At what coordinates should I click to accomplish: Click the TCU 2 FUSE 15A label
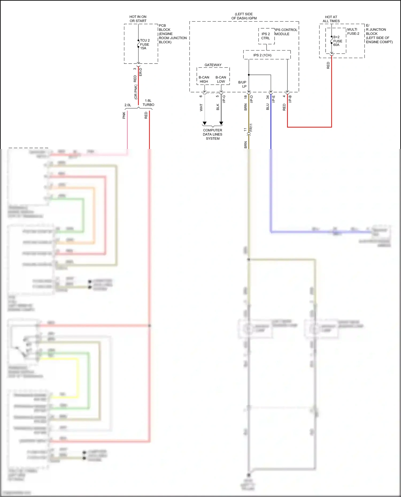pos(145,44)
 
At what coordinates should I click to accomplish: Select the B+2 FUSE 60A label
pos(337,41)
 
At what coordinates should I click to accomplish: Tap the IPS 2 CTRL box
pos(266,36)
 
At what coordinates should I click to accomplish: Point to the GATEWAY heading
pos(213,65)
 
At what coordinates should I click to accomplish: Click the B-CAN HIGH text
pos(204,79)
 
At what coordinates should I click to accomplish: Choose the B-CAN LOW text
pos(221,79)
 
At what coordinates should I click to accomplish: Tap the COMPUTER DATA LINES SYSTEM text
pos(213,134)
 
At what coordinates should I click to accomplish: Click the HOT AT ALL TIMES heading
pos(331,19)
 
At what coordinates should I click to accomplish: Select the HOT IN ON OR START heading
pos(138,19)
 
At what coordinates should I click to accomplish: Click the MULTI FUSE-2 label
pos(353,32)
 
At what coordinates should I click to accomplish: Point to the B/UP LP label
pos(242,84)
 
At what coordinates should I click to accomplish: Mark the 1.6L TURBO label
pos(148,103)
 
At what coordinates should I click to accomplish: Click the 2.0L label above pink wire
pos(128,105)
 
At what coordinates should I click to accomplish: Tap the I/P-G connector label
pos(224,99)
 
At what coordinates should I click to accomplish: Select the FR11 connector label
pos(251,128)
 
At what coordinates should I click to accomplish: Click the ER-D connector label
pos(141,72)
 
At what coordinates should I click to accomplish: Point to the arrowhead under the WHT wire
pos(205,123)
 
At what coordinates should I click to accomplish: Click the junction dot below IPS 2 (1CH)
pos(249,75)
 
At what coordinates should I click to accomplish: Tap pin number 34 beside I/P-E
pos(268,97)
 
